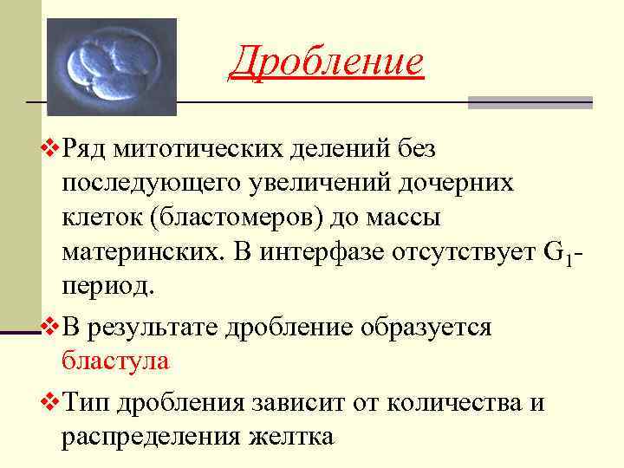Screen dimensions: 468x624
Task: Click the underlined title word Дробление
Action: click(327, 62)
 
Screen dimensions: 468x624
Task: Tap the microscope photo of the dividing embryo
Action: click(111, 67)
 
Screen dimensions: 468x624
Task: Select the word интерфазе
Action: click(315, 252)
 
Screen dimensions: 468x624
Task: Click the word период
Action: click(106, 287)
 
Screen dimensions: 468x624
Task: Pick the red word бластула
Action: click(115, 361)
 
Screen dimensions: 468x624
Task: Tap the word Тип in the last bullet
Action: click(87, 402)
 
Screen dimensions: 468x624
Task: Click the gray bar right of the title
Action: click(530, 101)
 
